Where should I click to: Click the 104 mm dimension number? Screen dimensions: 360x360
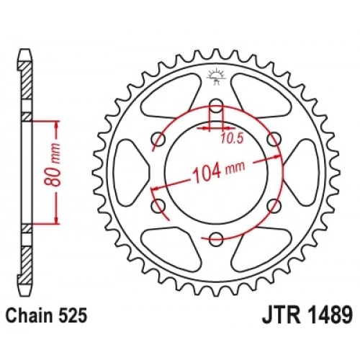207,173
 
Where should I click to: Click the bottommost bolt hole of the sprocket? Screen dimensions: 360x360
216,239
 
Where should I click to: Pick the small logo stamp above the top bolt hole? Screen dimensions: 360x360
216,74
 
